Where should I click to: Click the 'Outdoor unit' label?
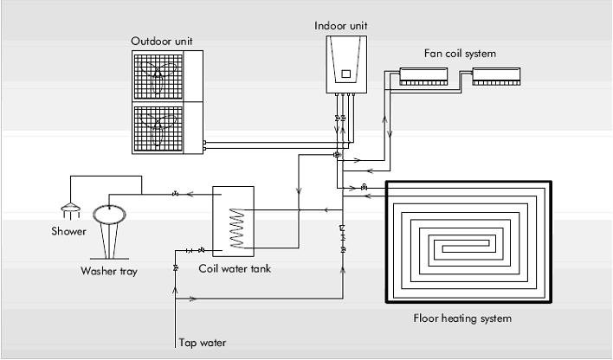(161, 42)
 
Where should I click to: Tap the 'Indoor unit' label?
(341, 26)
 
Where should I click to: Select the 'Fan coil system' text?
(460, 54)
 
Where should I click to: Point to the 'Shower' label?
(68, 231)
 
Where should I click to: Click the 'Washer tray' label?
(109, 271)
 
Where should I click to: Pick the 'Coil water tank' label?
(235, 269)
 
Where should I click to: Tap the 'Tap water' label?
(202, 343)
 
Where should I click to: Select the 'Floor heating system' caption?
(462, 318)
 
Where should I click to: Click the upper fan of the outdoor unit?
(158, 76)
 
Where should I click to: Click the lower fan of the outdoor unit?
(158, 128)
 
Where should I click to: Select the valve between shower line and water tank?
(175, 194)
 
